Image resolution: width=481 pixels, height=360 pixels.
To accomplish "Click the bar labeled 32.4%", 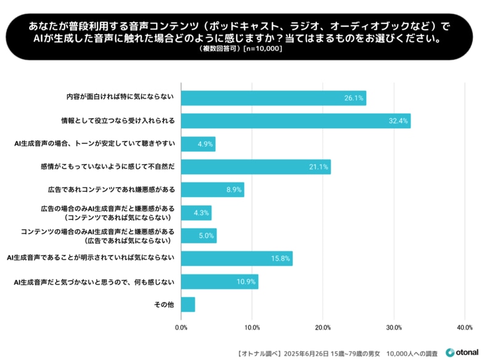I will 295,121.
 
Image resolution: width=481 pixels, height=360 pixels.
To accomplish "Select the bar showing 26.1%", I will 273,98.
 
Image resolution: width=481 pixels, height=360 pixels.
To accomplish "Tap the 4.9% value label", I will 205,144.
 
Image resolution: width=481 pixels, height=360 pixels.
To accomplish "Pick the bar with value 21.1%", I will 255,167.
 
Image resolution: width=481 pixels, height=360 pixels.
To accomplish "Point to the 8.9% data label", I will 234,190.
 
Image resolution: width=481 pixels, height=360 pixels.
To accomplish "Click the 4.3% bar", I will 196,213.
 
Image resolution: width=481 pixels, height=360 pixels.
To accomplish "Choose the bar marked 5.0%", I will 199,235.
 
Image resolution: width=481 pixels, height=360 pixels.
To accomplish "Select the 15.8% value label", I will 282,259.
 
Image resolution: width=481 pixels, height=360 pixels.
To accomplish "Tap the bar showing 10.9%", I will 220,282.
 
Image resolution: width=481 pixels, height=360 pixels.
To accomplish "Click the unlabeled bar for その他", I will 188,305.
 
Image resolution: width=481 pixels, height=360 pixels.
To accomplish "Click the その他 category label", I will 165,305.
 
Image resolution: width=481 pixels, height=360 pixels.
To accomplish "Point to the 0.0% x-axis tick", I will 181,327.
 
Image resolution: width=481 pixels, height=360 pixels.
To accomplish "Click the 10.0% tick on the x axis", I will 252,327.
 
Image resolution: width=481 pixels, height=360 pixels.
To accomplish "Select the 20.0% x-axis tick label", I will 323,327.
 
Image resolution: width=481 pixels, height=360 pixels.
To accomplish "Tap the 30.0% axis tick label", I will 393,327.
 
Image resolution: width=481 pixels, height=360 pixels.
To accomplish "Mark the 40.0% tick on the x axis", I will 464,327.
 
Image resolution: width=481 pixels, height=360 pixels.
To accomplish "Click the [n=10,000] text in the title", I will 263,49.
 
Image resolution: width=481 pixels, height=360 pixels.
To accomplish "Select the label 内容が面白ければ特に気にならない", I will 120,98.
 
